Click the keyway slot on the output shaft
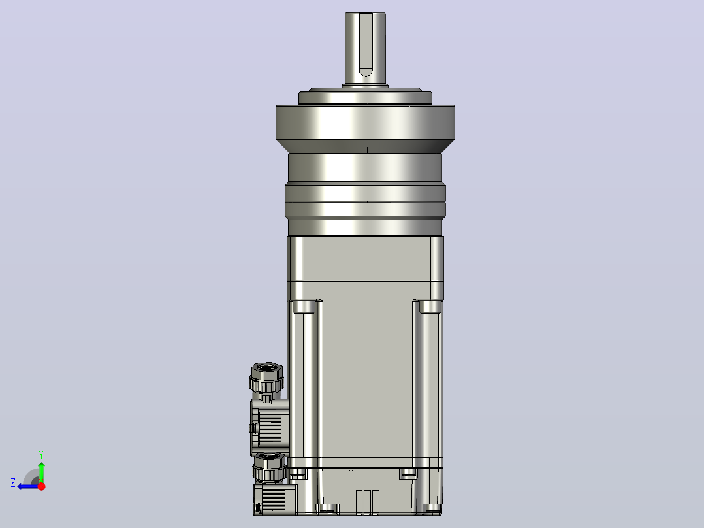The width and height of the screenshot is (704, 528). (x=366, y=45)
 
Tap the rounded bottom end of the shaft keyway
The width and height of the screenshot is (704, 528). (x=366, y=73)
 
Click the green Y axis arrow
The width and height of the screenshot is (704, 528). (x=41, y=472)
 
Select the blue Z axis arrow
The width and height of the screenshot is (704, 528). (x=29, y=486)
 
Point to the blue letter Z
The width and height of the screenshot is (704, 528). (x=13, y=483)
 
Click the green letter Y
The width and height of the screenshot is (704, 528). (x=41, y=454)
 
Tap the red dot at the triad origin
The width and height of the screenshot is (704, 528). (x=42, y=486)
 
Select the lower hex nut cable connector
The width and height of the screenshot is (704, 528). (x=269, y=467)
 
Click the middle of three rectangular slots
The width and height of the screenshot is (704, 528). (x=367, y=501)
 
